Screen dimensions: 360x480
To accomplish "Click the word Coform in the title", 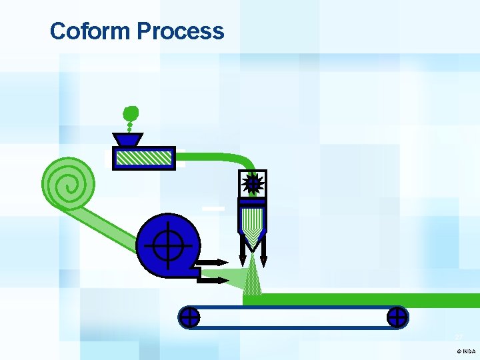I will pos(91,31).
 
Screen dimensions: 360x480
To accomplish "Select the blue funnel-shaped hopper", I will pos(127,140).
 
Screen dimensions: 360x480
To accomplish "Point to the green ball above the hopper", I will pos(131,113).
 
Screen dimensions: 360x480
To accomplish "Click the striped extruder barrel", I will pos(143,158).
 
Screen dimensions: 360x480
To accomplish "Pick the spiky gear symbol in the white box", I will pos(253,183).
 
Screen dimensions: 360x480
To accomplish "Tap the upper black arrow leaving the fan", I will pos(215,262).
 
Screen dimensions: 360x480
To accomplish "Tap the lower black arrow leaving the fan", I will pos(215,280).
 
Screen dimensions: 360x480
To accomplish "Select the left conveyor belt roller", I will pos(189,317).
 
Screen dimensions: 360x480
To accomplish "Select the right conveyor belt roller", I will pos(397,317).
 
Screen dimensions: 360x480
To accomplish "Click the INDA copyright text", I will pos(466,351).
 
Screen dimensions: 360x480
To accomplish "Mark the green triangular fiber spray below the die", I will pos(252,277).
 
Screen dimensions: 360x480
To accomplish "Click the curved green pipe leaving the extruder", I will pos(227,159).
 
